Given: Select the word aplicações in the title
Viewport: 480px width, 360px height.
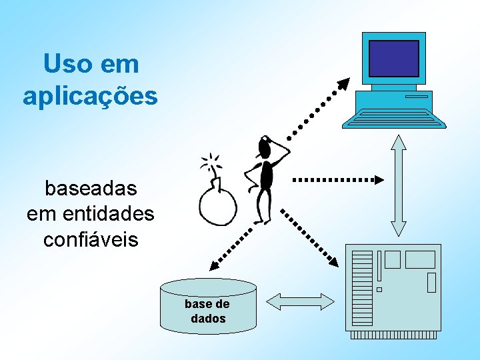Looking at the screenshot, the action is tap(90, 96).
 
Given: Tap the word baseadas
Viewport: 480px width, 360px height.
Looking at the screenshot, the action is tap(91, 189).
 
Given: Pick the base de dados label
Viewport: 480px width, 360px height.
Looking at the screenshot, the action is tap(207, 311).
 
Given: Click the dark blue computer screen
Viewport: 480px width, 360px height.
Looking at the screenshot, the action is tap(393, 58).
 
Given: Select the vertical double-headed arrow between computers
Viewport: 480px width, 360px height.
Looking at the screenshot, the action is tap(399, 185).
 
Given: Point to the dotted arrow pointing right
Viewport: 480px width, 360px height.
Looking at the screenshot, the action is tap(338, 179).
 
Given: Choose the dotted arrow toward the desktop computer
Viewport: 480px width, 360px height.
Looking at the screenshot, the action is tap(317, 108).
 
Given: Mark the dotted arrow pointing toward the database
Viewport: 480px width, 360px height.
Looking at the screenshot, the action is tap(229, 247).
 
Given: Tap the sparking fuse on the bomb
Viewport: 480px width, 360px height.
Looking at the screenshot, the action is tap(212, 163).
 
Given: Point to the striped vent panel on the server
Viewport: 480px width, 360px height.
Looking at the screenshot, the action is tap(362, 287).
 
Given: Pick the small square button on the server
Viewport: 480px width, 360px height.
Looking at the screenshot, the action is tap(379, 289).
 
